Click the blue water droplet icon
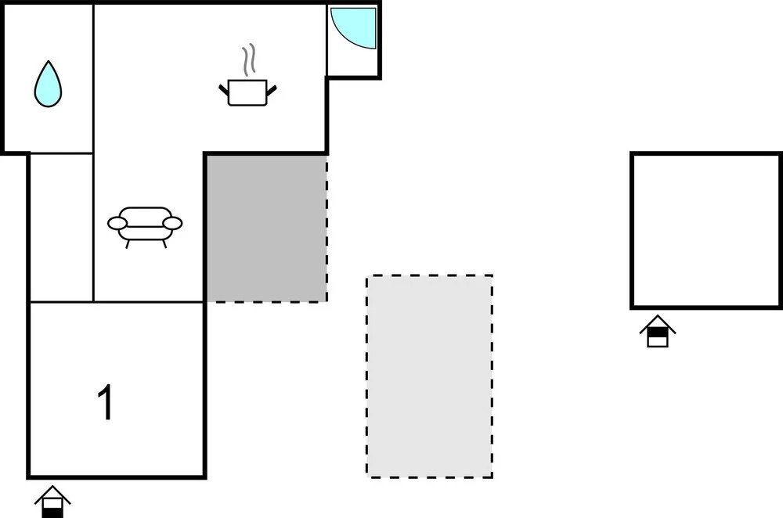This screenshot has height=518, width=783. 48,85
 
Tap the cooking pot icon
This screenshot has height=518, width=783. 247,92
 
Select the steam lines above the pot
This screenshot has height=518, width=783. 249,60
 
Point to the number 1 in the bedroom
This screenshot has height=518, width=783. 106,402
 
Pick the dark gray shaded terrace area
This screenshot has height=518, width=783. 267,228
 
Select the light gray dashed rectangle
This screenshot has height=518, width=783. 429,376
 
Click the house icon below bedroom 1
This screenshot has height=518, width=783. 52,502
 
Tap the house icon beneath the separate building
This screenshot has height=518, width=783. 658,331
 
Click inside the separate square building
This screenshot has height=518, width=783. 706,230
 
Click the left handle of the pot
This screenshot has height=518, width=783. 224,90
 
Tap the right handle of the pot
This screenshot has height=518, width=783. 271,90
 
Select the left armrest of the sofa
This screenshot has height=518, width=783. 117,223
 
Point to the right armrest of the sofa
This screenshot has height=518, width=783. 173,223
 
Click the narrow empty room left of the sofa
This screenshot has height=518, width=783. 61,228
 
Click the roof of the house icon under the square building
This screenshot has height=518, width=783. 658,323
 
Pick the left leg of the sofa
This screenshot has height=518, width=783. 128,244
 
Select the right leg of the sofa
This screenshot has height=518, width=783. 164,244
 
